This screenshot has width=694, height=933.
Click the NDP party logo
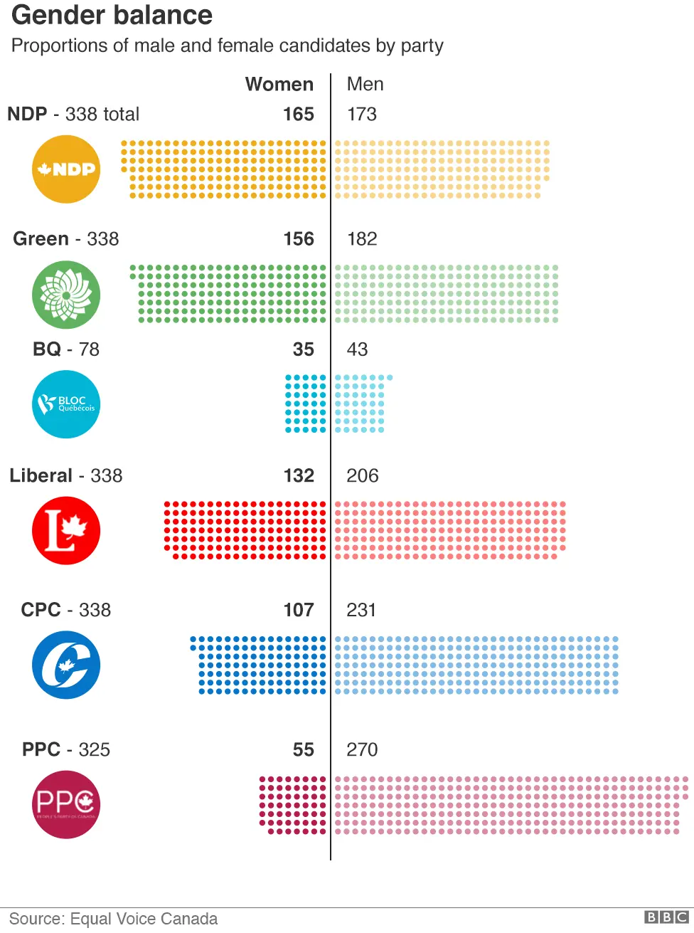(66, 169)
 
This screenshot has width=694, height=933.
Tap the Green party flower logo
(66, 295)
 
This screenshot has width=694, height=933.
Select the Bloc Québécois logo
(66, 404)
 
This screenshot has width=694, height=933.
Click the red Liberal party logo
(66, 531)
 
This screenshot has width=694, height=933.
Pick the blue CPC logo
(66, 665)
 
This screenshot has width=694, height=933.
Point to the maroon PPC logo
(66, 804)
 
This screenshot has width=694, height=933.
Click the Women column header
(279, 84)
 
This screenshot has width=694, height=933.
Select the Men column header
(365, 84)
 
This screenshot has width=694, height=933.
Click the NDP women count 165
(299, 114)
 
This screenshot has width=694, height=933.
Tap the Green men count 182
(362, 239)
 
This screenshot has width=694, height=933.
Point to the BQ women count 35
(304, 349)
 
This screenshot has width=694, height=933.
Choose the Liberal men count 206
(362, 475)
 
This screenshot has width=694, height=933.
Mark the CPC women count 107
(299, 610)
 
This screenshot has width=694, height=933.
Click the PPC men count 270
(362, 749)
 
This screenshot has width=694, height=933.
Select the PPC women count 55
(304, 749)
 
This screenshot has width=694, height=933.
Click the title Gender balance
(112, 15)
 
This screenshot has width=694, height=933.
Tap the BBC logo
(666, 917)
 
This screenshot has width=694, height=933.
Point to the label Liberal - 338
(66, 475)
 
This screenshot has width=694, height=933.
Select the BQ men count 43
(357, 349)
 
